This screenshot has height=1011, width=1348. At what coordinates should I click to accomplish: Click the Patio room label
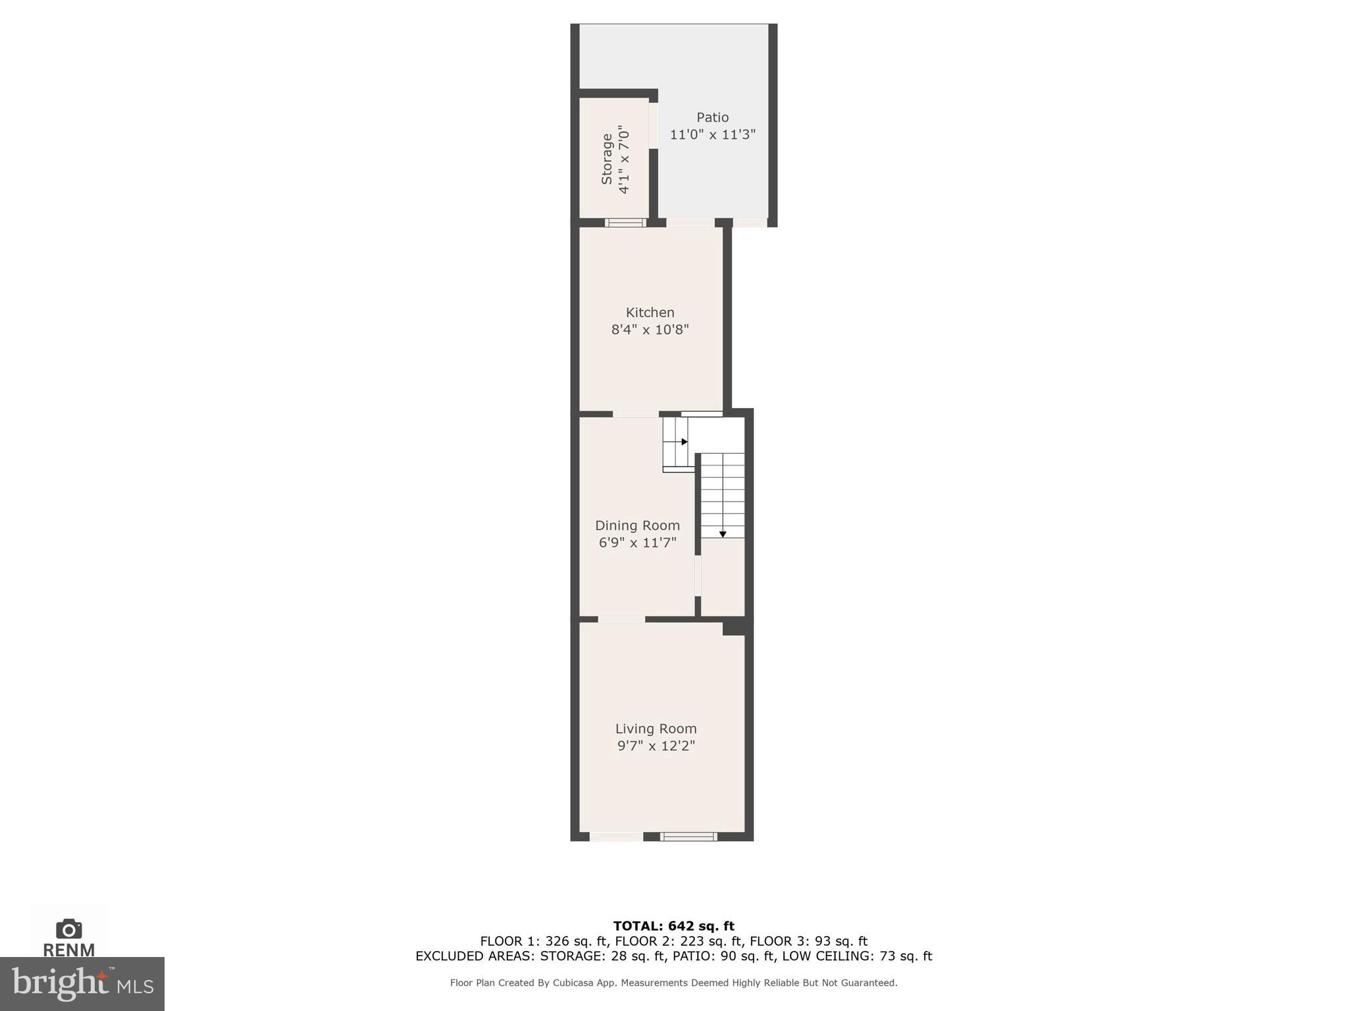(x=712, y=118)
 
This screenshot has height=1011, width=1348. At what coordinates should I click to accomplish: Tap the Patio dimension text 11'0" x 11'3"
(x=712, y=135)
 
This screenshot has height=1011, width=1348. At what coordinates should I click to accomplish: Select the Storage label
(x=607, y=159)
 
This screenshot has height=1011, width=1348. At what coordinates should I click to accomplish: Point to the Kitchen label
(x=650, y=313)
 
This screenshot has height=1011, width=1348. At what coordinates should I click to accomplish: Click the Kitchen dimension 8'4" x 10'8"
(x=650, y=330)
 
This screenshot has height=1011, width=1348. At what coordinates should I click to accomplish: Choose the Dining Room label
(x=637, y=526)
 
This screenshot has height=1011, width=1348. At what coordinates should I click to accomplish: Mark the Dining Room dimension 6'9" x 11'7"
(x=637, y=543)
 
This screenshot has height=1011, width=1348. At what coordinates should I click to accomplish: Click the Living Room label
(x=656, y=729)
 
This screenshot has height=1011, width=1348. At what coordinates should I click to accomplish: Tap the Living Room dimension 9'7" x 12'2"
(x=656, y=746)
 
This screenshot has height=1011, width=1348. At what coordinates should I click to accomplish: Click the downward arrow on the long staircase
(x=722, y=534)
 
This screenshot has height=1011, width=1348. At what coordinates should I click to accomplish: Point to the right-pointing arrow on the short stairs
(x=685, y=442)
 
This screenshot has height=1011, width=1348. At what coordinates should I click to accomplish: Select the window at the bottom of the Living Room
(x=688, y=837)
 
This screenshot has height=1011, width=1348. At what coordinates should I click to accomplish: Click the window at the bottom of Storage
(x=625, y=222)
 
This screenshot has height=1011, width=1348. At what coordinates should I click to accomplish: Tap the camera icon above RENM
(x=68, y=929)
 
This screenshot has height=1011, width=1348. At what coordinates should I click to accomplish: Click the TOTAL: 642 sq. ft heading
(x=673, y=927)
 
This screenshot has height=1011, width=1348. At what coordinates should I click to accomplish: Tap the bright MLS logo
(x=82, y=983)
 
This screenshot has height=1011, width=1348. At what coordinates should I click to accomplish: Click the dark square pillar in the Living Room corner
(x=733, y=627)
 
